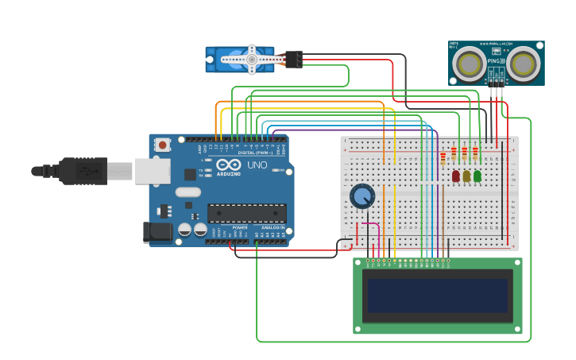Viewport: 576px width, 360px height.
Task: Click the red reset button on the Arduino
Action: pos(162,145)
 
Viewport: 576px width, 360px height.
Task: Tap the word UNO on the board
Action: pos(257,165)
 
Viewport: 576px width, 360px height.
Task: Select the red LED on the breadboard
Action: pos(456,176)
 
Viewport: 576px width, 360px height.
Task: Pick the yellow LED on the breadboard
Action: pos(466,176)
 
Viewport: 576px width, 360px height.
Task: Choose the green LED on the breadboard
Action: pos(477,176)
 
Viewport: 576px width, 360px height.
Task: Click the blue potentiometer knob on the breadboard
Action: pos(362,196)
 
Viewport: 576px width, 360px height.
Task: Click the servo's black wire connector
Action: pos(293,60)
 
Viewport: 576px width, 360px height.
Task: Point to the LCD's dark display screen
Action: pos(436,295)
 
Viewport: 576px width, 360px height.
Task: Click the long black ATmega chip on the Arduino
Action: pos(246,213)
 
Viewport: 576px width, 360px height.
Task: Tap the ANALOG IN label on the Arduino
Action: pos(273,227)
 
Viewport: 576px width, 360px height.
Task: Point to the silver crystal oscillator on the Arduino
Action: pos(188,192)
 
